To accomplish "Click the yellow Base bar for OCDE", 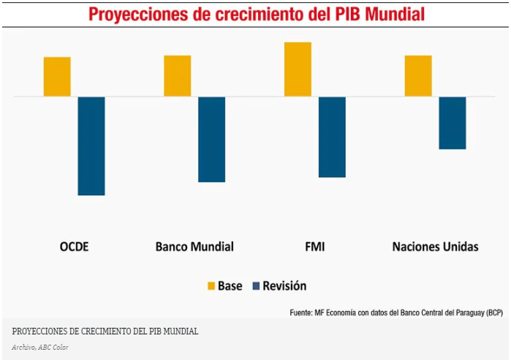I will (57, 77).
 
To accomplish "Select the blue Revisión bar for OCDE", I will (91, 146).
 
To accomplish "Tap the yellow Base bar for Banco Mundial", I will (177, 76).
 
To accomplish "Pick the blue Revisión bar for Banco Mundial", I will (211, 139).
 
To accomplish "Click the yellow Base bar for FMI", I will (298, 70).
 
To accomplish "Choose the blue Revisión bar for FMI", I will (332, 137).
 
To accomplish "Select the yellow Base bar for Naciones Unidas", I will (418, 76).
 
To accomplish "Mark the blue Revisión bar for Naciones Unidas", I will (453, 123).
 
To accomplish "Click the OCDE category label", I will (74, 247).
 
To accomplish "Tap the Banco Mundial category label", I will (194, 247).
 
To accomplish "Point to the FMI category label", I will (314, 247).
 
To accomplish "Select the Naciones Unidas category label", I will (435, 247).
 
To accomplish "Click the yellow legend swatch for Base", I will (211, 286).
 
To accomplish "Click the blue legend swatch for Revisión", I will (256, 286).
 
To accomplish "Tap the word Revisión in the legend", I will (284, 286).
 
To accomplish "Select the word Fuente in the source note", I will (300, 312).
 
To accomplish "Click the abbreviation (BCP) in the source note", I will (493, 312).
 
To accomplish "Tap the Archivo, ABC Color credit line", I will (40, 346).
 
